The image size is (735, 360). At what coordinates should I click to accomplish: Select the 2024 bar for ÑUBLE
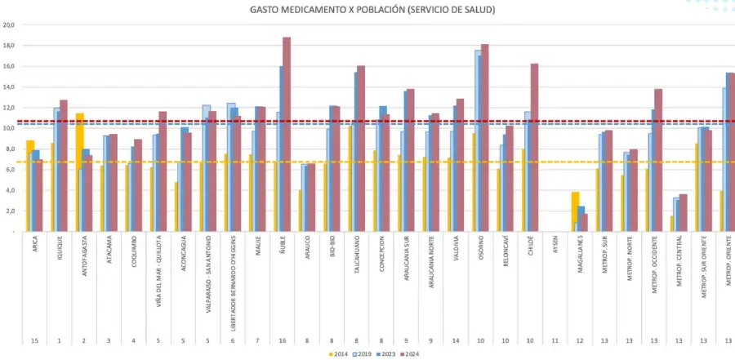pos(287,135)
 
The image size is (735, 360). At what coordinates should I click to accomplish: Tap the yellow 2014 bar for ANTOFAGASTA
pos(80,172)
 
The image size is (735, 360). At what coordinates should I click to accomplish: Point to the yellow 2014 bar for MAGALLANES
pos(575,211)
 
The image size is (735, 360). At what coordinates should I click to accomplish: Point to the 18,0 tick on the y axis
pos(10,46)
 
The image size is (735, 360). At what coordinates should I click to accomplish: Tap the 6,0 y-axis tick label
pos(10,170)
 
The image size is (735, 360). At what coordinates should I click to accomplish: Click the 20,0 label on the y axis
pos(10,24)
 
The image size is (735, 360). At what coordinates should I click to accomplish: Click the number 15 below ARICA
pos(33,338)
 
